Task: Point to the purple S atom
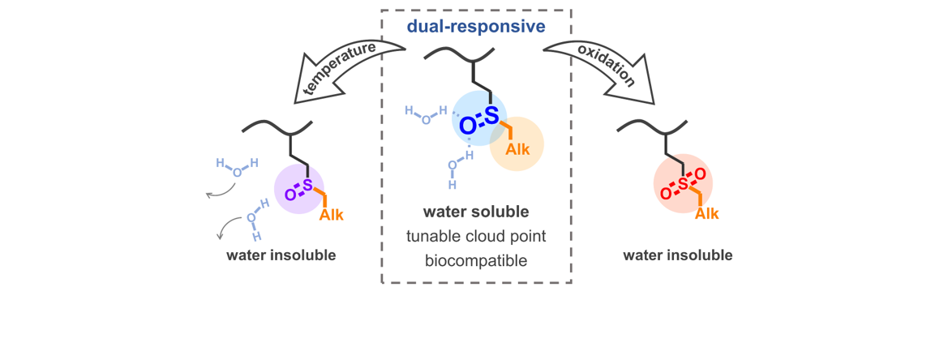(307, 186)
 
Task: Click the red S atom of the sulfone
(683, 186)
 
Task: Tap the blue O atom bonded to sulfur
(466, 126)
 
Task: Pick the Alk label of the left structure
(332, 216)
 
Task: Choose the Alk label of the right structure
(708, 214)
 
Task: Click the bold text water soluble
(476, 212)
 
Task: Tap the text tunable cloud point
(476, 237)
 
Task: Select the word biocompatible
(476, 261)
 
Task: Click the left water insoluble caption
(281, 255)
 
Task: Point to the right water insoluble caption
(678, 255)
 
